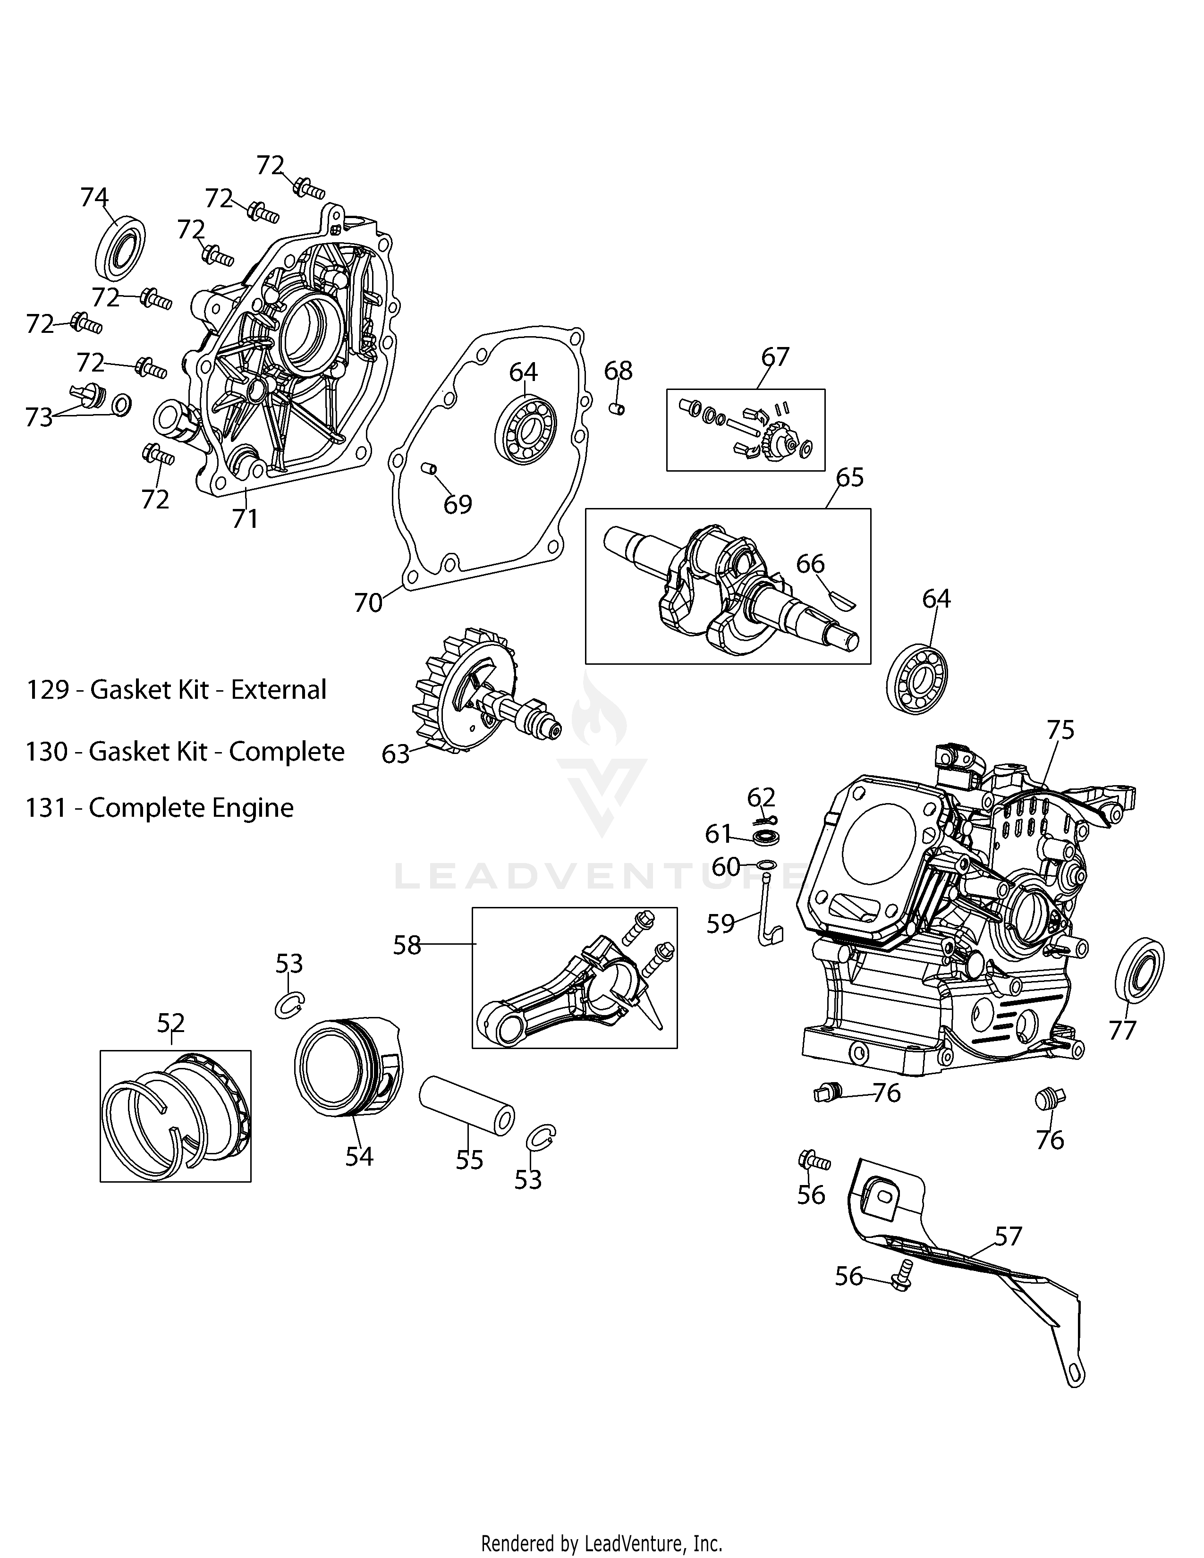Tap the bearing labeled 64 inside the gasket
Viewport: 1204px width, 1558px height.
coord(527,431)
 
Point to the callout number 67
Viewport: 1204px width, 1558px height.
coord(775,356)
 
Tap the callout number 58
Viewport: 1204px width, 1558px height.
coord(407,945)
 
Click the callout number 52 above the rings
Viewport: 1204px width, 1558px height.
coord(171,1023)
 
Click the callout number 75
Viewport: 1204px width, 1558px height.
coord(1060,730)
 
